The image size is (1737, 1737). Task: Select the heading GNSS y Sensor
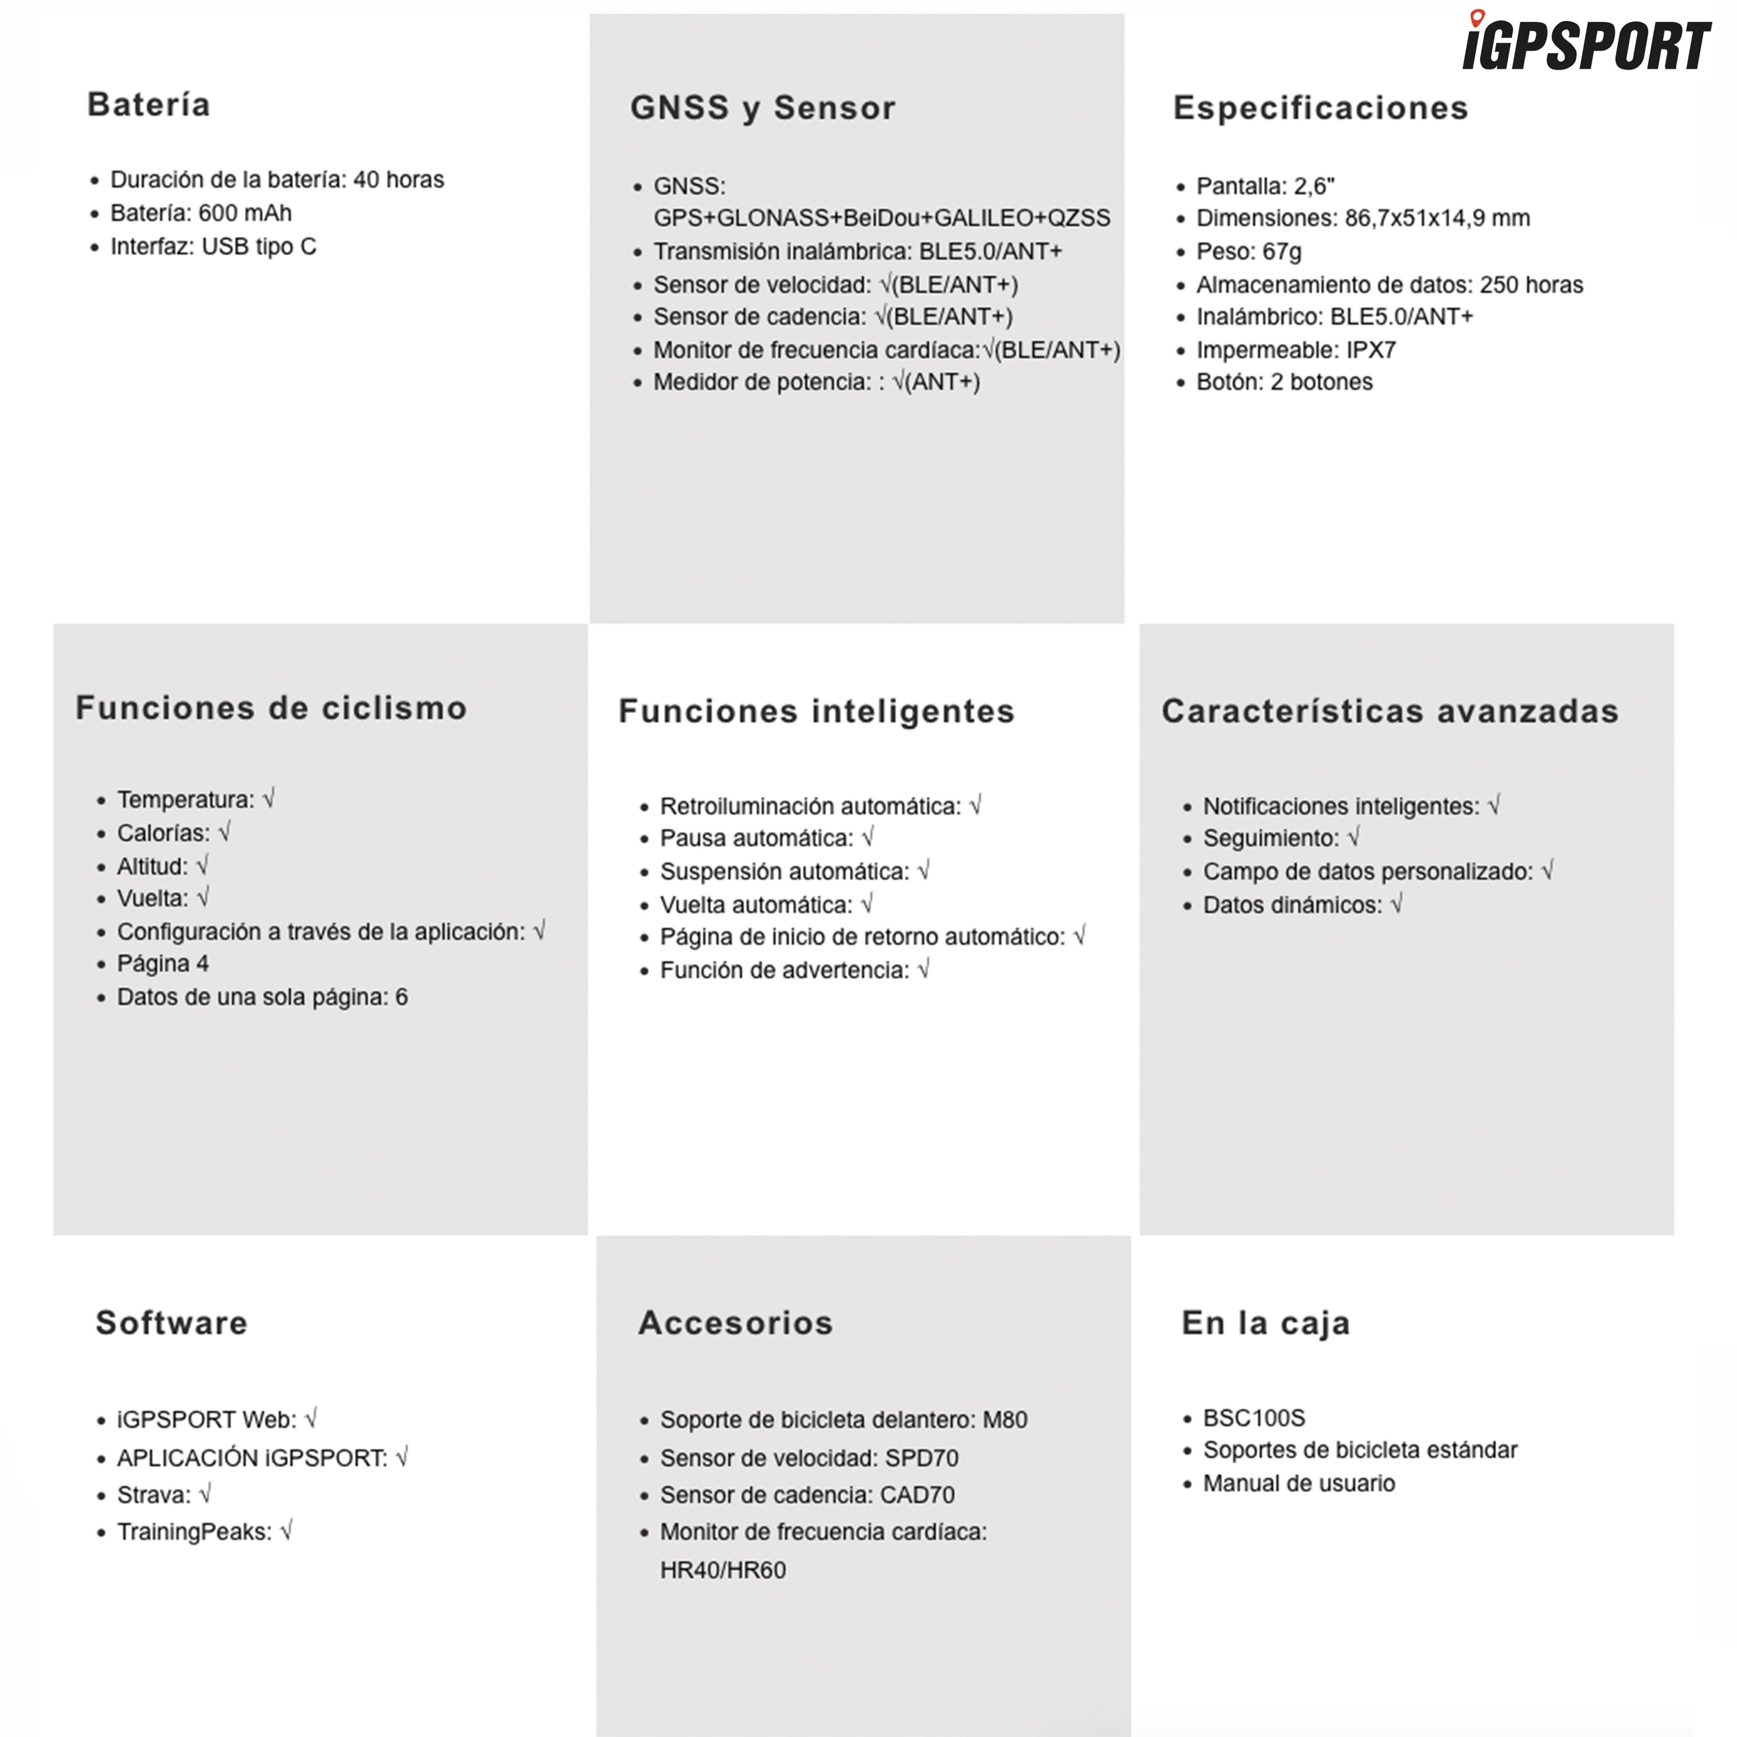[762, 108]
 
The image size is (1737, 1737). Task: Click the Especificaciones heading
[1320, 108]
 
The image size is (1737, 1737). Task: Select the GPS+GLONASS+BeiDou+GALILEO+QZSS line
[881, 218]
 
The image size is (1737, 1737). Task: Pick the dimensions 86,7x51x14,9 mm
[1437, 218]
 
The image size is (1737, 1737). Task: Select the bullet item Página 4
[163, 964]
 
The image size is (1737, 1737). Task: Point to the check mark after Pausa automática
[868, 838]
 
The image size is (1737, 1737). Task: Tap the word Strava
[154, 1495]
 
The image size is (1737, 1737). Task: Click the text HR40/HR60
[723, 1570]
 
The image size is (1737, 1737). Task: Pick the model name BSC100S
[1253, 1418]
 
